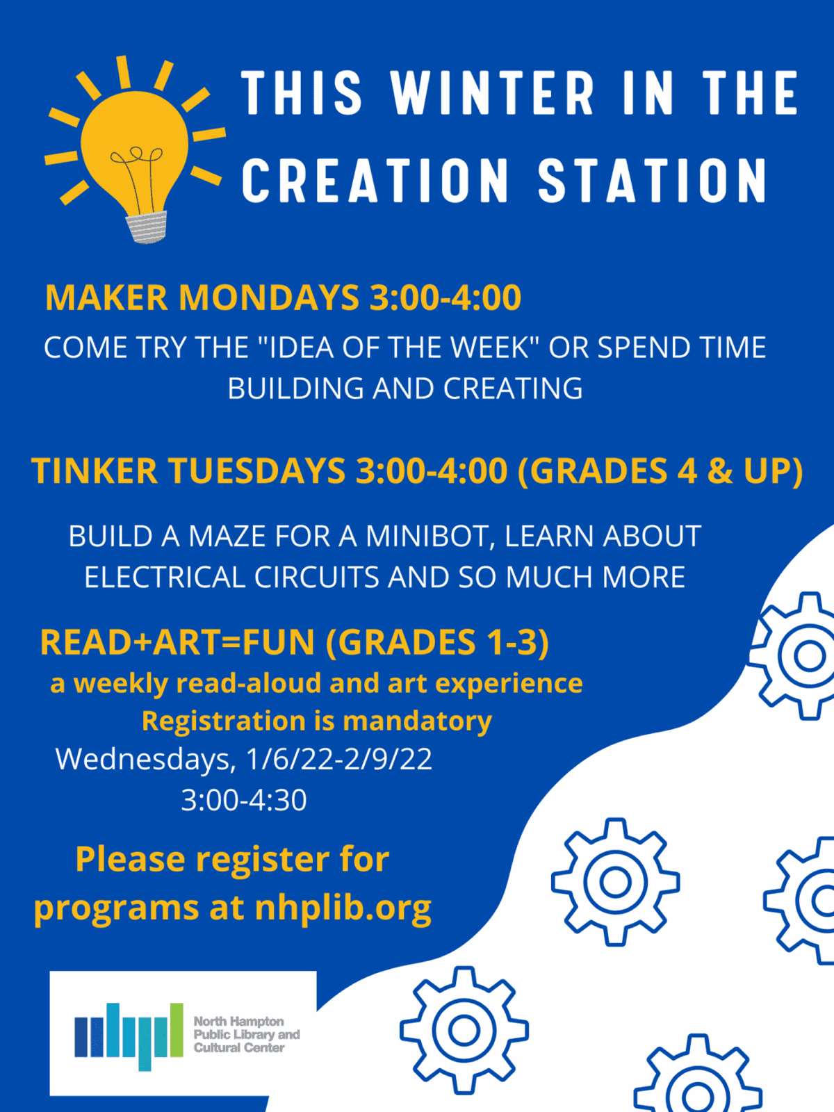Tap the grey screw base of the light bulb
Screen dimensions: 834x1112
tap(147, 227)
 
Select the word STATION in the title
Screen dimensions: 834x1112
tap(652, 180)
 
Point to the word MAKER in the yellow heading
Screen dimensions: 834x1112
tap(106, 297)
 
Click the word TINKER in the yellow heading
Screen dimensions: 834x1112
tap(95, 471)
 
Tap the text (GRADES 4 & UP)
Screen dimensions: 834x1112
tap(660, 472)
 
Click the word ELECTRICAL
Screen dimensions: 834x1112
tap(165, 577)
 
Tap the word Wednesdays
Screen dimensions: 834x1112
tap(145, 760)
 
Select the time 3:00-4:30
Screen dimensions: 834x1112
tap(244, 800)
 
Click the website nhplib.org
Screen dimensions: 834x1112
tap(343, 908)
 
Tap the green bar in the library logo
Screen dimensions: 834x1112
tap(177, 1030)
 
